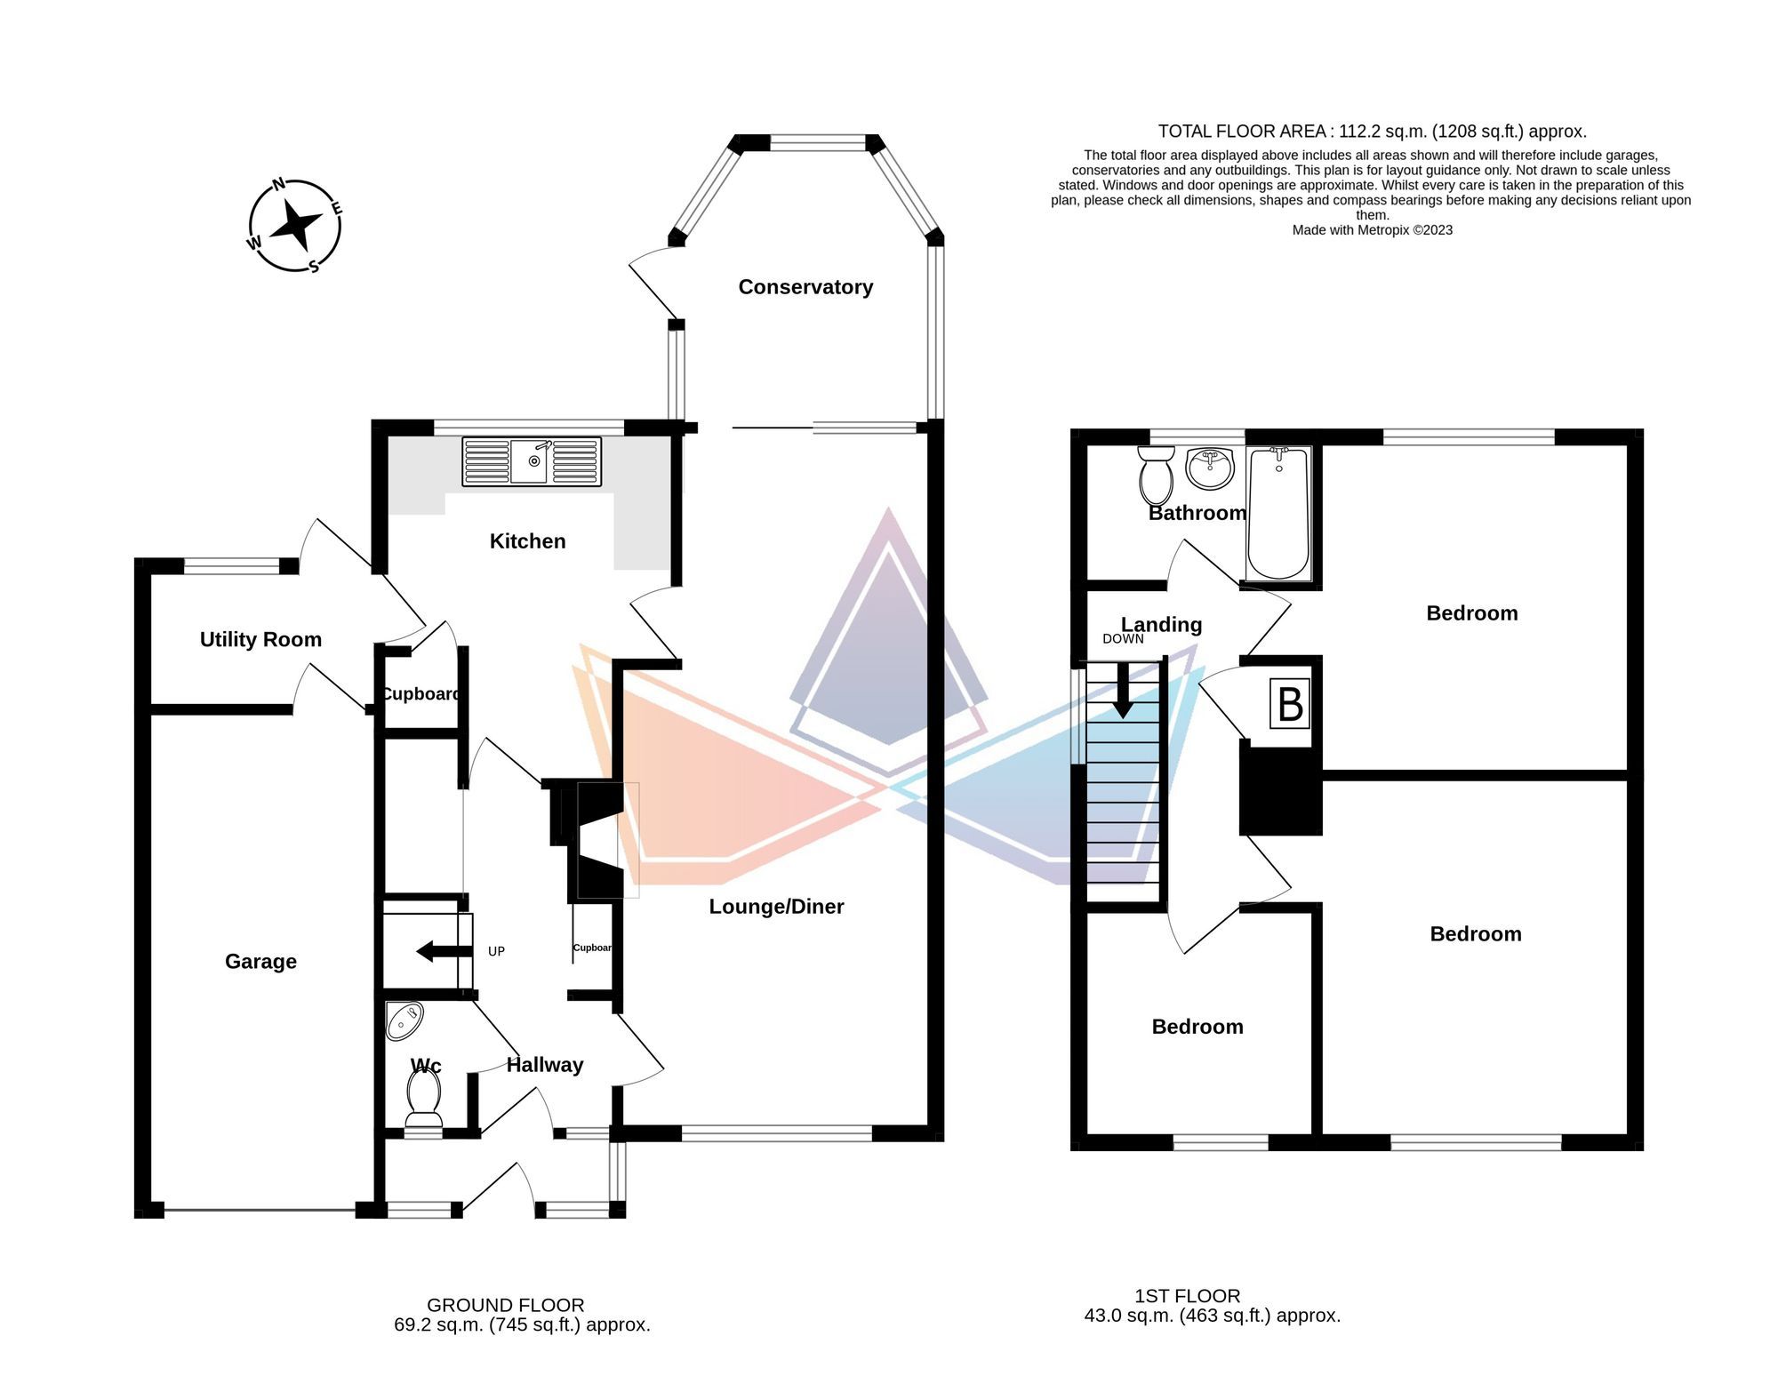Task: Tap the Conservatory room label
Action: pyautogui.click(x=805, y=287)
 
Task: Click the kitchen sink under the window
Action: pyautogui.click(x=532, y=461)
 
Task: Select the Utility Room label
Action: pyautogui.click(x=260, y=639)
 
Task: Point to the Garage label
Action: pyautogui.click(x=260, y=961)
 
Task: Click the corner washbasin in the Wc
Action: pyautogui.click(x=403, y=1021)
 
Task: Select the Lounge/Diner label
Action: pyautogui.click(x=776, y=907)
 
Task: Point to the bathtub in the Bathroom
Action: pyautogui.click(x=1278, y=514)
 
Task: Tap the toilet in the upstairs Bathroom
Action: pyautogui.click(x=1156, y=476)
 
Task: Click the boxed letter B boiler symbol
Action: pyautogui.click(x=1290, y=704)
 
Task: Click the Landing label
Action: pyautogui.click(x=1161, y=625)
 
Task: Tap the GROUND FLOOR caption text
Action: pyautogui.click(x=505, y=1305)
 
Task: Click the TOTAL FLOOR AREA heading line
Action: pyautogui.click(x=1372, y=132)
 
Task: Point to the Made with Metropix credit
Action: pyautogui.click(x=1372, y=230)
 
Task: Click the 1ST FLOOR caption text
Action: pyautogui.click(x=1187, y=1296)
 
